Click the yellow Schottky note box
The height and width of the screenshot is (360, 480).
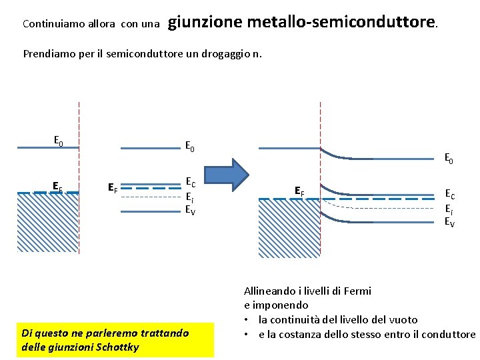(x=115, y=339)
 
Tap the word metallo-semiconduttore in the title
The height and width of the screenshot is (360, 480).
(x=342, y=22)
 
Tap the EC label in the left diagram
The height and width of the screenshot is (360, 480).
(x=190, y=182)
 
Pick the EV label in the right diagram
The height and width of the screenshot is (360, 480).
(x=450, y=222)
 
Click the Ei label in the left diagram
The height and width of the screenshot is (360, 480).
(x=189, y=197)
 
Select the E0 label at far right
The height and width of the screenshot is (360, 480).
(x=449, y=159)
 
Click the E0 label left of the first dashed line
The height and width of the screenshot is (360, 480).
(x=59, y=141)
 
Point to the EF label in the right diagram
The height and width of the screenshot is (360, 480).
(x=300, y=192)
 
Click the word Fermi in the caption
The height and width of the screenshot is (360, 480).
(x=355, y=291)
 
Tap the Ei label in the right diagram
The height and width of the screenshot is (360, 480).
(x=449, y=209)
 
